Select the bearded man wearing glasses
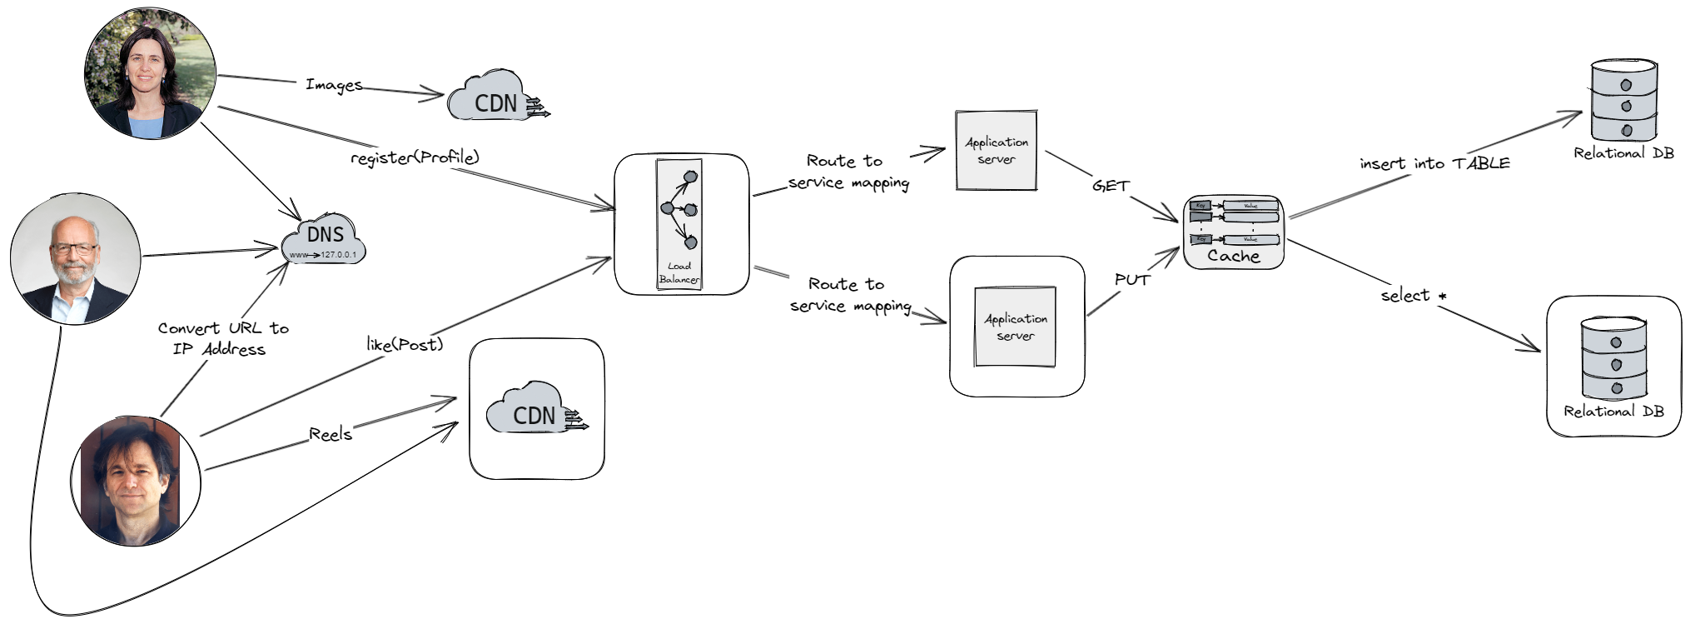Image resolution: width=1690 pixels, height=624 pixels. [75, 259]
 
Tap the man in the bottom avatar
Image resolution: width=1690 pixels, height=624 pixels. [132, 482]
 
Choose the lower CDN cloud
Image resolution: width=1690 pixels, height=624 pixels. [531, 411]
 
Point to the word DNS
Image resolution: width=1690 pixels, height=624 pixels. [325, 234]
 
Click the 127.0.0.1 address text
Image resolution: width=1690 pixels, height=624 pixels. [339, 254]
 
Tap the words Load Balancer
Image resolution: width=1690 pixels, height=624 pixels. [679, 273]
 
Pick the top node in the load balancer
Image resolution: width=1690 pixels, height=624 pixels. [689, 177]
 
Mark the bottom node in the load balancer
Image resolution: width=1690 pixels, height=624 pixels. [689, 242]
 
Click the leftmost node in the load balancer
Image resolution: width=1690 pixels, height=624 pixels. [666, 208]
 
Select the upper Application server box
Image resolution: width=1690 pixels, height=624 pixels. [996, 151]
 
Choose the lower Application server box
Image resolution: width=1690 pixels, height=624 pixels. [1016, 327]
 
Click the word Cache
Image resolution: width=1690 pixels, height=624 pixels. [1233, 257]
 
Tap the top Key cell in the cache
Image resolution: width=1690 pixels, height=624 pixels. [1200, 205]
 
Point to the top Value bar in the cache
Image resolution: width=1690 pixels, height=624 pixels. [1250, 205]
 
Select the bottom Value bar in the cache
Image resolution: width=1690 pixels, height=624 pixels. [1250, 239]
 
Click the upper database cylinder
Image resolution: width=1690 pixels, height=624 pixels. [1624, 100]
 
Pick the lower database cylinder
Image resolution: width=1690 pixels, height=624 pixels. [1614, 357]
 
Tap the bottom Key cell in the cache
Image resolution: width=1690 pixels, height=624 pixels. [1200, 239]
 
